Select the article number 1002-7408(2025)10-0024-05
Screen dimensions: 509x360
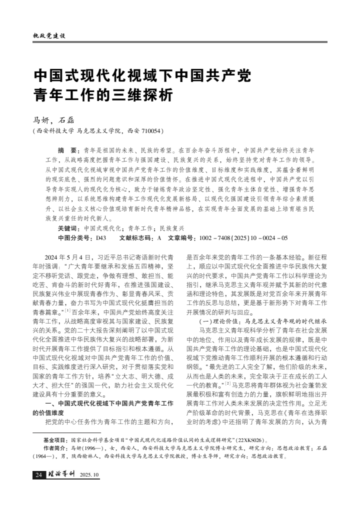click(243, 237)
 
